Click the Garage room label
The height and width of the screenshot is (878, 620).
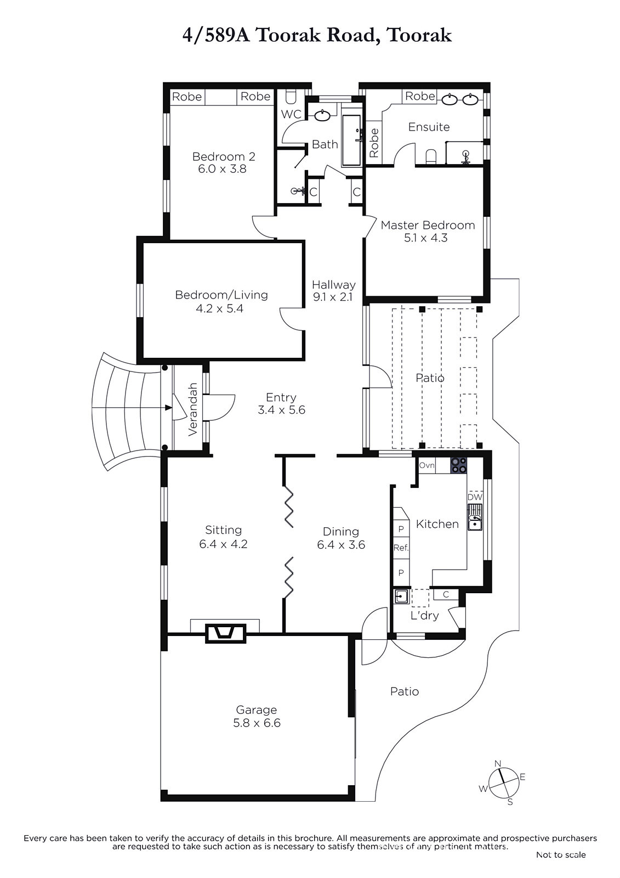coord(256,710)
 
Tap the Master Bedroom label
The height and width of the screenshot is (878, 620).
coord(428,225)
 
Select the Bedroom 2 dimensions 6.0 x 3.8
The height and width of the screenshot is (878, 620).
coord(222,169)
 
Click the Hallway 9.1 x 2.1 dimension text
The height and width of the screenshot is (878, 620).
coord(333,297)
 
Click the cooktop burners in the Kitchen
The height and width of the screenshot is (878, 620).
coord(458,466)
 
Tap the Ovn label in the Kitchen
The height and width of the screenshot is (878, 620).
coord(427,465)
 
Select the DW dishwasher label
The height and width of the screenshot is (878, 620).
coord(475,497)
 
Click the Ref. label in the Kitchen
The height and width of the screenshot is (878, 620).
coord(401,548)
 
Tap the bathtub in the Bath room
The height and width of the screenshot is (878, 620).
coord(351,140)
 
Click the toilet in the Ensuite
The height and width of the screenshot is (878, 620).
coord(431,156)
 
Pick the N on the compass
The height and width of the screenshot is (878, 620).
coord(498,763)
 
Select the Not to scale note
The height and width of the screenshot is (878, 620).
coord(561,855)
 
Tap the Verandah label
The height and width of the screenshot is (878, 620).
coord(192,409)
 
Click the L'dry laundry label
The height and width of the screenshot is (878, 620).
coord(424,615)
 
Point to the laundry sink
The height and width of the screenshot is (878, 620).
coord(401,596)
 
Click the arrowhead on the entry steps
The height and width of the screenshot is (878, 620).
coord(168,408)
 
